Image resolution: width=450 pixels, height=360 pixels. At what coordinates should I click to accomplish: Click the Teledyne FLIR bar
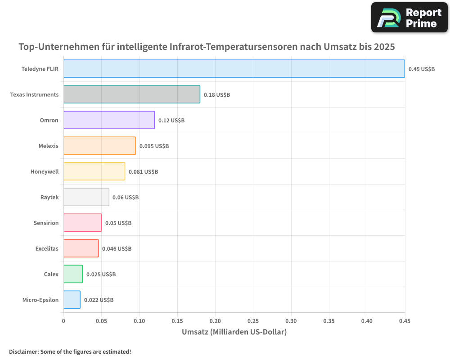[234, 69]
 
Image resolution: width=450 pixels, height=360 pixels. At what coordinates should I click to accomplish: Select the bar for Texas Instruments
[131, 94]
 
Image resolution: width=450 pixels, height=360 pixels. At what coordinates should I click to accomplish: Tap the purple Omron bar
[109, 120]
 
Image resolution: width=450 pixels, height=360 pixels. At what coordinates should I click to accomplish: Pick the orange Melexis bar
[99, 146]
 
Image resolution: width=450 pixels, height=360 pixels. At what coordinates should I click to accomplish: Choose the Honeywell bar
[94, 171]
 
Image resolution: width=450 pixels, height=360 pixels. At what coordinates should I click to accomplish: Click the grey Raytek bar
[86, 197]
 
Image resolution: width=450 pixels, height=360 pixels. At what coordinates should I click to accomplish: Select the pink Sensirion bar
[82, 223]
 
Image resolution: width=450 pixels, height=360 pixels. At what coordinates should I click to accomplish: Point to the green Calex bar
[73, 274]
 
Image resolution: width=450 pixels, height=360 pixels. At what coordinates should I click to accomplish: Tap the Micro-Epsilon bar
[72, 300]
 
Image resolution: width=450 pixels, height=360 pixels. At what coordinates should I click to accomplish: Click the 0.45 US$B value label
[422, 69]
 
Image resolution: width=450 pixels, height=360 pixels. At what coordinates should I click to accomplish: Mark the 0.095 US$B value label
[154, 146]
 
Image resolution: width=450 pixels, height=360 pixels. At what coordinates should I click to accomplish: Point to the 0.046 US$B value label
[117, 248]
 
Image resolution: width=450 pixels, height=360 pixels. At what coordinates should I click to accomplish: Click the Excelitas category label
[47, 248]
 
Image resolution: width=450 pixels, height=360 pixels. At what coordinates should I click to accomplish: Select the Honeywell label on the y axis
[45, 171]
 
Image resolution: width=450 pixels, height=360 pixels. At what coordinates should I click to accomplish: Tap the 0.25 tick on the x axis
[253, 321]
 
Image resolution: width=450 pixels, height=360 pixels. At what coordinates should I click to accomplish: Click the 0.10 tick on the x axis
[139, 321]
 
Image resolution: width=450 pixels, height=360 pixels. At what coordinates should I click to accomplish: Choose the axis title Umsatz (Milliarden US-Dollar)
[234, 332]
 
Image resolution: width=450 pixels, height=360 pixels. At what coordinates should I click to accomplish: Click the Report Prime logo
[409, 18]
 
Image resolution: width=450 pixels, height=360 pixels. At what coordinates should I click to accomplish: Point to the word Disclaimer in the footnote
[23, 351]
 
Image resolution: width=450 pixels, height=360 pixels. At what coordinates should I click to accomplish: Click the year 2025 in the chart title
[383, 47]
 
